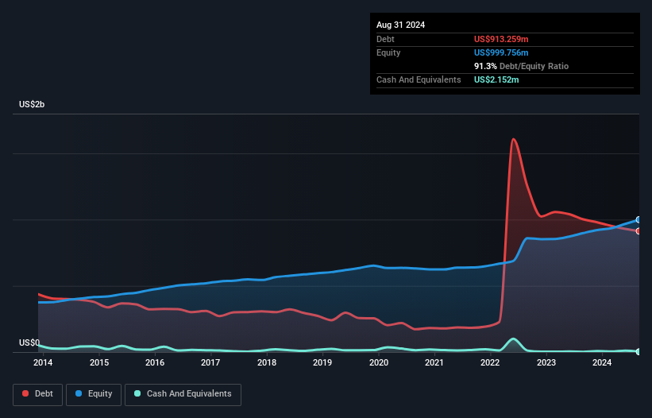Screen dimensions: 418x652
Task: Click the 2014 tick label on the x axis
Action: tap(43, 363)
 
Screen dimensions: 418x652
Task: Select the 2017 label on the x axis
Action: tap(210, 363)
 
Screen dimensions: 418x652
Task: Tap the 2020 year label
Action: tap(379, 363)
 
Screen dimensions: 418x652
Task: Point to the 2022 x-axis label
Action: tap(491, 363)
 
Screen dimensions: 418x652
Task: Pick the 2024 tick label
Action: tap(602, 363)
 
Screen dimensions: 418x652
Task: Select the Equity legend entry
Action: tap(95, 393)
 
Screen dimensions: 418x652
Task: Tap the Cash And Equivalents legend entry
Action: tap(183, 393)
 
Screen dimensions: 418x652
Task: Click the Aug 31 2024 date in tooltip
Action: tap(400, 25)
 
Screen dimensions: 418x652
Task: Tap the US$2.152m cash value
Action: tap(497, 79)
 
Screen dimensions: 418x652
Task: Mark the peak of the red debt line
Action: tap(514, 139)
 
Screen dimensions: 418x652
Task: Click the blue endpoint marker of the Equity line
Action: tap(638, 220)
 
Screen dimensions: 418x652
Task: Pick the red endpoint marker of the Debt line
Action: tap(638, 231)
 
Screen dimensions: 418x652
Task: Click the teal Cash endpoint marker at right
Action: tap(638, 351)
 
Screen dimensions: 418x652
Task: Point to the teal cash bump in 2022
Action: tap(514, 339)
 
